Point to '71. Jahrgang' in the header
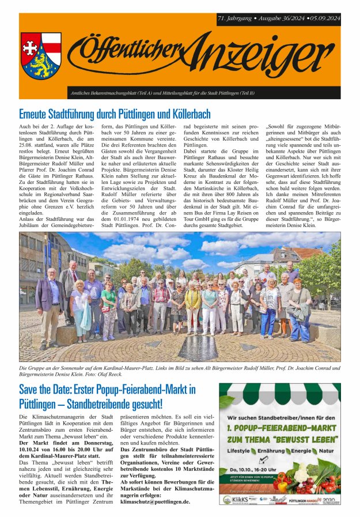pyautogui.click(x=237, y=18)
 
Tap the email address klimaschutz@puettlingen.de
pyautogui.click(x=155, y=501)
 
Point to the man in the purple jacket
pyautogui.click(x=50, y=305)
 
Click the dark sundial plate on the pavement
pyautogui.click(x=198, y=349)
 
